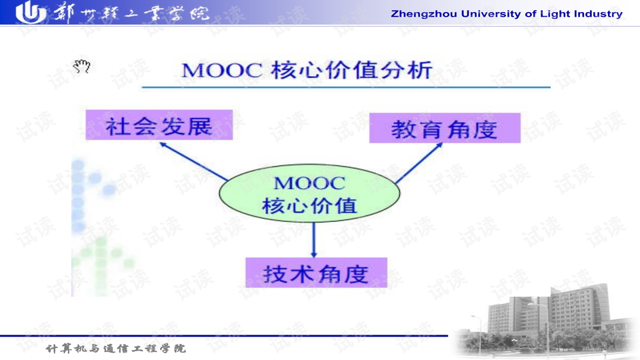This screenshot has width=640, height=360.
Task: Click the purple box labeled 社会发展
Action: pyautogui.click(x=159, y=125)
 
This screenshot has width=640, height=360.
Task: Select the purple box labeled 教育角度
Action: pyautogui.click(x=445, y=128)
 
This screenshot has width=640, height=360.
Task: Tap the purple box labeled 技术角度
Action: pyautogui.click(x=316, y=273)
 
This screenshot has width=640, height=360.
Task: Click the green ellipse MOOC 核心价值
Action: pyautogui.click(x=310, y=193)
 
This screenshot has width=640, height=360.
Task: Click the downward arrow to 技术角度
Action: pyautogui.click(x=314, y=240)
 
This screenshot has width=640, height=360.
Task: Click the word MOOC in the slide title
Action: pyautogui.click(x=221, y=71)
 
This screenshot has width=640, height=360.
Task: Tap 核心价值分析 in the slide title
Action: pyautogui.click(x=351, y=70)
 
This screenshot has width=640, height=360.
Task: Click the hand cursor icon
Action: pyautogui.click(x=81, y=66)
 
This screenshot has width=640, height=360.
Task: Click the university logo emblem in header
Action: pyautogui.click(x=31, y=13)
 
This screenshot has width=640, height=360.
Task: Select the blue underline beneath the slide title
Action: pyautogui.click(x=347, y=87)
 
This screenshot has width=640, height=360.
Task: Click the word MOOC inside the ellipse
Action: pyautogui.click(x=309, y=183)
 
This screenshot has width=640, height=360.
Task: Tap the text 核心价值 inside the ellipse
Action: pyautogui.click(x=309, y=205)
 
